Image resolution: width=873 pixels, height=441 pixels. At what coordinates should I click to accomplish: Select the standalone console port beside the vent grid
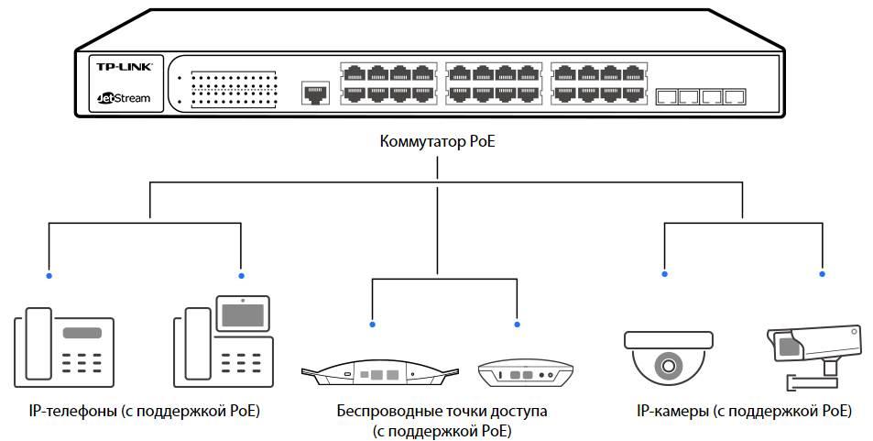pyautogui.click(x=314, y=93)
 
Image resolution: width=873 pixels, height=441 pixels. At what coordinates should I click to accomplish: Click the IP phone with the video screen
pyautogui.click(x=224, y=344)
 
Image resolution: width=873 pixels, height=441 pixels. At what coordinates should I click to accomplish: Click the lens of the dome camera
pyautogui.click(x=667, y=367)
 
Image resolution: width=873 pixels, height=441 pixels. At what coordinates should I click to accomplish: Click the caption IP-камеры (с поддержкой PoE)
pyautogui.click(x=743, y=412)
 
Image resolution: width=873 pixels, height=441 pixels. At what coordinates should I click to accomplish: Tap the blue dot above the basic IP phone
pyautogui.click(x=49, y=275)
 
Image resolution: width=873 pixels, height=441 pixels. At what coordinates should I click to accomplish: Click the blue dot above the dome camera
pyautogui.click(x=666, y=274)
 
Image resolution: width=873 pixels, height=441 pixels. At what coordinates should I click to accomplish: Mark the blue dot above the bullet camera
pyautogui.click(x=822, y=274)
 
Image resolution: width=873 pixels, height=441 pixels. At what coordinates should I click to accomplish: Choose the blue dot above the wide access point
pyautogui.click(x=371, y=324)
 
